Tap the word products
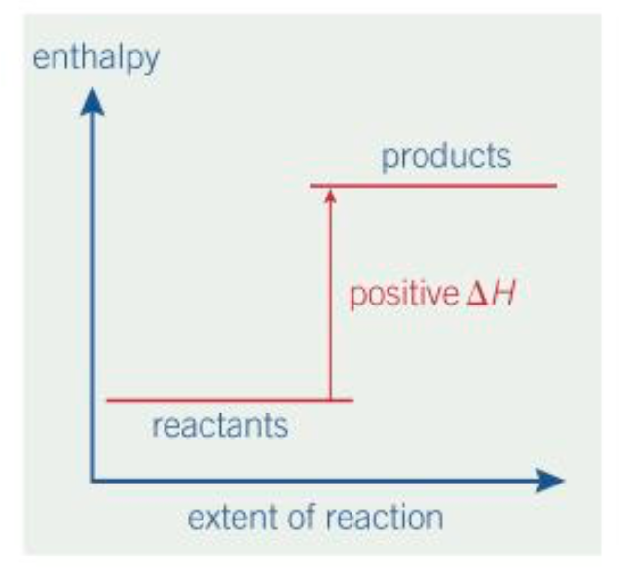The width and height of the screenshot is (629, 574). point(446,156)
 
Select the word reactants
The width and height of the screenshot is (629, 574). point(220,426)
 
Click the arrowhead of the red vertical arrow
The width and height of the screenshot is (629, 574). point(330,194)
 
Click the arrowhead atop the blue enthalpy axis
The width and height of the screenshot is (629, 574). point(92,99)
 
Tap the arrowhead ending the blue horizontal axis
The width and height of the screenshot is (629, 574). point(550,480)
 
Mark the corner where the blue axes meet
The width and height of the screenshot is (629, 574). point(92,480)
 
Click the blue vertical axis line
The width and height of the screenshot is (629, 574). point(92,292)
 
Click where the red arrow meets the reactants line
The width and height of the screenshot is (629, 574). point(330,400)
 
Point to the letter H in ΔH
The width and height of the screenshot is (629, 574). point(502,293)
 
